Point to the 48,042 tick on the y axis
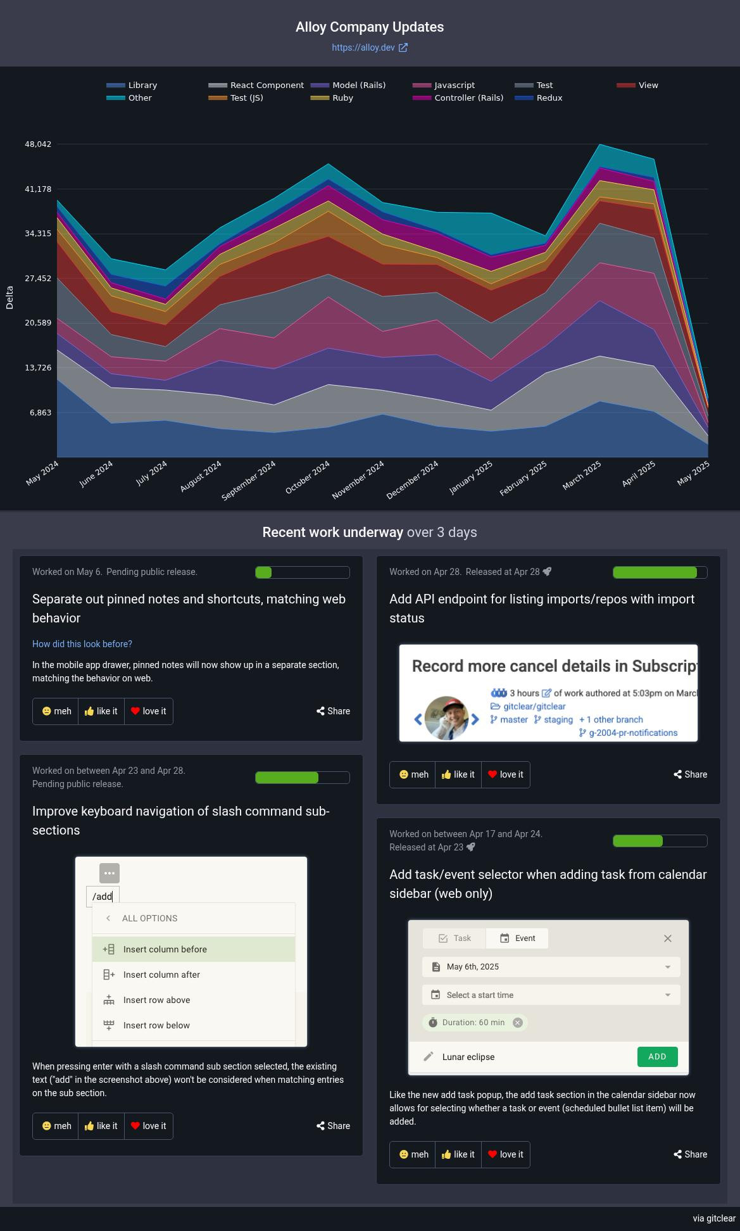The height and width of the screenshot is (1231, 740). tap(38, 144)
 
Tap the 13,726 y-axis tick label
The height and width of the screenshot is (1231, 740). tap(38, 368)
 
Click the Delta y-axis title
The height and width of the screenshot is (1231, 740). tap(9, 298)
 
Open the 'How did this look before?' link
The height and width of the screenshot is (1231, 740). tap(82, 644)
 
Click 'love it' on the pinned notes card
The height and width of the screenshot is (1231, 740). tap(149, 711)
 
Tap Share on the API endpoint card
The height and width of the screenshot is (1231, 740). tap(689, 774)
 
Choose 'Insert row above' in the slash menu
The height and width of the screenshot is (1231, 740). tap(156, 1000)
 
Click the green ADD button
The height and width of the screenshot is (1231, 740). tap(657, 1056)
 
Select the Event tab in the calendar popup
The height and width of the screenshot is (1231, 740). tap(517, 938)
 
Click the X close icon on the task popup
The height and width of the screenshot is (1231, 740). tap(667, 938)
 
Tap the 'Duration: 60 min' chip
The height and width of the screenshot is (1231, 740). tap(473, 1022)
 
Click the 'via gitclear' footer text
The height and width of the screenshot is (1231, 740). tap(713, 1218)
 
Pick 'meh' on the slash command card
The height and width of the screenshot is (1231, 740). tap(56, 1126)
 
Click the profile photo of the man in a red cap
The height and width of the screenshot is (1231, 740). tap(447, 718)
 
